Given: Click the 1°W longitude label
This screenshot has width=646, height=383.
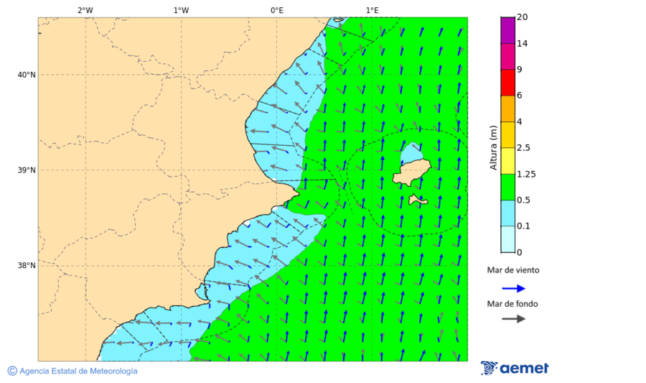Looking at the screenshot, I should click(x=181, y=10).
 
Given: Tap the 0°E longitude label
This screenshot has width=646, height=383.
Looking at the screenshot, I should click(x=276, y=10).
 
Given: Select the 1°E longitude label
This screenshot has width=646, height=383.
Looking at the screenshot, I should click(x=372, y=10).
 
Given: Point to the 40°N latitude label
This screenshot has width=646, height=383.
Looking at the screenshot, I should click(x=27, y=75).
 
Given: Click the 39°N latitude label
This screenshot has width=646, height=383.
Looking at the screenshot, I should click(x=27, y=170).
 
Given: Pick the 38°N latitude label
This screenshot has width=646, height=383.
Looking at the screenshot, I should click(x=27, y=266).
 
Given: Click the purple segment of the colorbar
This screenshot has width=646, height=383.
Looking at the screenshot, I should click(x=507, y=29).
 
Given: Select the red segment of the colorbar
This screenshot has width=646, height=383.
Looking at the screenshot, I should click(x=507, y=82).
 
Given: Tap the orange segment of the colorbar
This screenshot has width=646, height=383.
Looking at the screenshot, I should click(x=507, y=109).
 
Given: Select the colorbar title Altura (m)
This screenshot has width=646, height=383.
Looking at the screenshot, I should click(x=493, y=147).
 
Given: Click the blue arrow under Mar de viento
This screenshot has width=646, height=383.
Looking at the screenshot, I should click(x=513, y=288).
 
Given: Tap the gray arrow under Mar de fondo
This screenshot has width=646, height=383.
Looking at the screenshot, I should click(x=513, y=320).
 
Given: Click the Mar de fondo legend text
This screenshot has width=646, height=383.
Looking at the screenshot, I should click(x=512, y=304).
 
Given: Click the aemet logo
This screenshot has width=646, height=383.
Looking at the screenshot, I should click(x=515, y=368).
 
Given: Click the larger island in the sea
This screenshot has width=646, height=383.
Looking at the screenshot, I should click(x=411, y=172).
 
